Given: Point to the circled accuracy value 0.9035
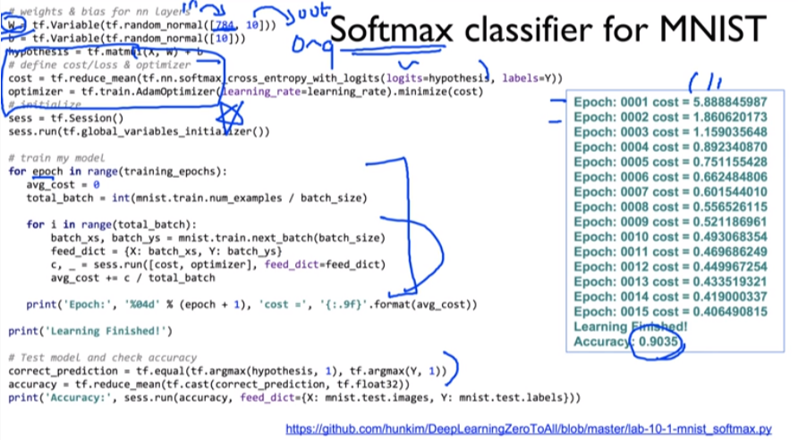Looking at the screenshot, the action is click(658, 342).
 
